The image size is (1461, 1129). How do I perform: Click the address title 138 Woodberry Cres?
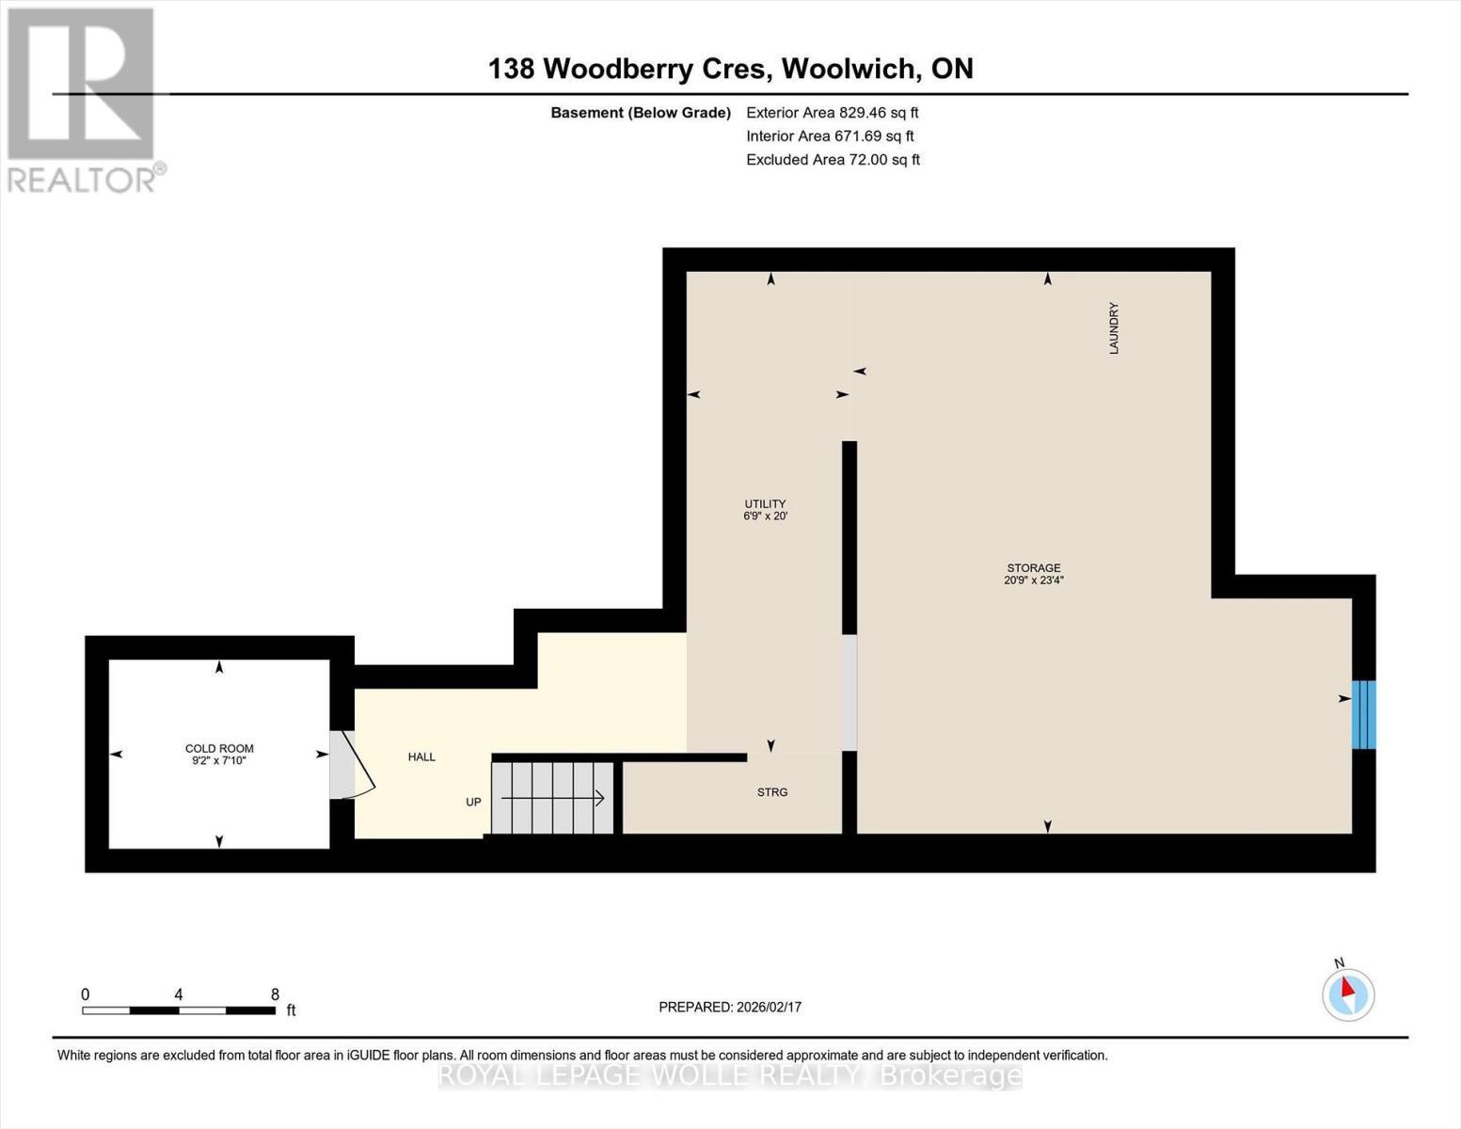pos(730,69)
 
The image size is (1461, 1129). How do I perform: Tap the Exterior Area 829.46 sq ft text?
pos(832,112)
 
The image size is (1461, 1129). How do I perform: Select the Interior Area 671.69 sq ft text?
pos(830,135)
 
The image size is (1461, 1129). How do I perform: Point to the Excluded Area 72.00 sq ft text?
pos(833,160)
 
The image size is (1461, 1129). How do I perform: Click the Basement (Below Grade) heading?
pos(641,112)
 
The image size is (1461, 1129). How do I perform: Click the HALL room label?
pos(421,757)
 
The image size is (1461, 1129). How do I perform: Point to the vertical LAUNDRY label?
pos(1114,327)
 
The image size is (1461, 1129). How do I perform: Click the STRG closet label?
pos(772,792)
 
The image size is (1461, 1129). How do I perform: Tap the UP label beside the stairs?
pos(473,803)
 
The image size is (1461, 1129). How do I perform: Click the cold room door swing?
pos(356,764)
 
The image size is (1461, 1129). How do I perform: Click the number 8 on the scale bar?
pos(275,994)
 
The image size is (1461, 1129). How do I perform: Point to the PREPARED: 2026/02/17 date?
pos(730,1007)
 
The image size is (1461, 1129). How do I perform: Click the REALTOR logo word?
pos(83,179)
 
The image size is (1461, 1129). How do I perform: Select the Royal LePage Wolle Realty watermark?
pos(730,1075)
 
